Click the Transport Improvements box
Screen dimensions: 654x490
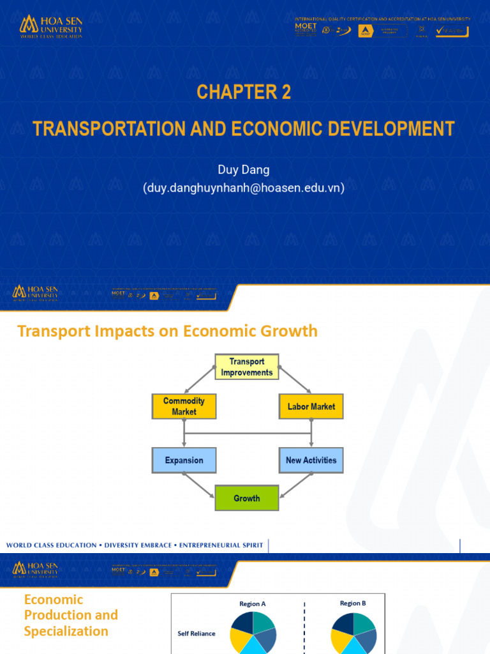click(x=247, y=367)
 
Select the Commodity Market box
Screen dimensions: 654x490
click(x=184, y=406)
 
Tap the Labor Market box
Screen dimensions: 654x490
click(x=311, y=406)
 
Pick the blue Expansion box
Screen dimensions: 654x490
click(x=184, y=460)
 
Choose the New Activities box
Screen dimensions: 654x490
click(x=311, y=460)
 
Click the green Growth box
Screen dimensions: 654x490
click(x=247, y=498)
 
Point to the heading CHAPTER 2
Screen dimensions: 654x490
click(x=244, y=93)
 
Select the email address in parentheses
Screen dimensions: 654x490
click(x=244, y=188)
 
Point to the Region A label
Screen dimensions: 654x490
click(x=253, y=604)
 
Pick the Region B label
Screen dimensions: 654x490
click(x=353, y=603)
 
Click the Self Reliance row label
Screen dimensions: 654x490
click(x=196, y=634)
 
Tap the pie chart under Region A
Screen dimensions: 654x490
click(x=253, y=632)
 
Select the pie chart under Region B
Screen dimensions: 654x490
click(x=353, y=632)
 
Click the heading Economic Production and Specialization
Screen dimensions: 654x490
click(x=71, y=615)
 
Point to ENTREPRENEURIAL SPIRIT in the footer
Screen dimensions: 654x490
click(x=221, y=545)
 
